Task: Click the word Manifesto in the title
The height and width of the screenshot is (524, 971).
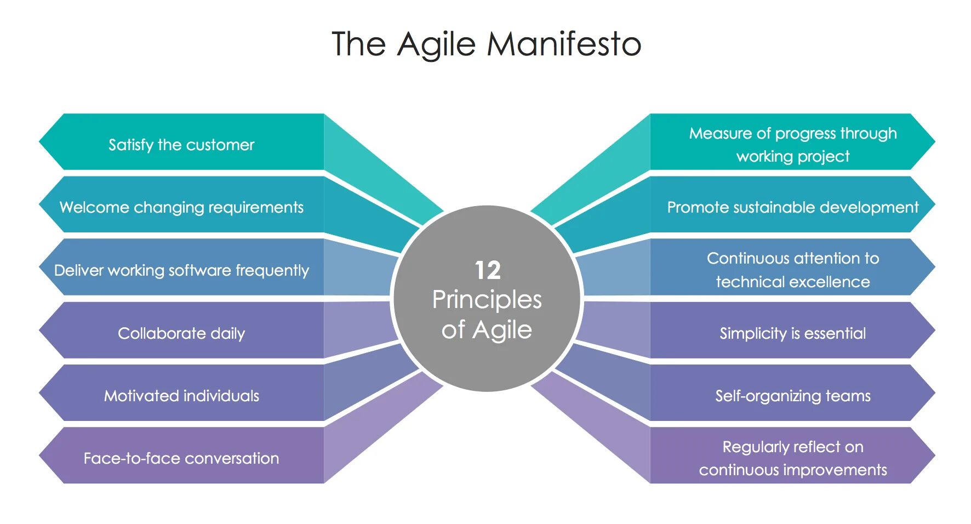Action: (564, 44)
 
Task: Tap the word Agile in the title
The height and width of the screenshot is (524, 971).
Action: (436, 44)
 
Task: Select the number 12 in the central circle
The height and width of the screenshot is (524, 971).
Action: (487, 270)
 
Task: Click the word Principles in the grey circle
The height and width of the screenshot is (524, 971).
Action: (487, 300)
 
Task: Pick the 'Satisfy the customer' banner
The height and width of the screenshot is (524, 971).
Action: (181, 145)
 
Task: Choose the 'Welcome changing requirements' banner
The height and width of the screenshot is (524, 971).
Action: (181, 207)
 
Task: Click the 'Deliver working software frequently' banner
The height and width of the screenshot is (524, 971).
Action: (181, 270)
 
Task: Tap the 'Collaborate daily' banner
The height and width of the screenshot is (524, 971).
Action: (181, 333)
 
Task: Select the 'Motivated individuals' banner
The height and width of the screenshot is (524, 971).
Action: (181, 396)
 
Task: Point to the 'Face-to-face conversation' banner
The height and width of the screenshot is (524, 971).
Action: (181, 458)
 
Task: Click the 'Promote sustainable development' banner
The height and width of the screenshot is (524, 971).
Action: (792, 207)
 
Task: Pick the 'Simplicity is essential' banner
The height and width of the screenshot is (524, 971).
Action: (792, 333)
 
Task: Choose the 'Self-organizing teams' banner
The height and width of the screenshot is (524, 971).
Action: (792, 396)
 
